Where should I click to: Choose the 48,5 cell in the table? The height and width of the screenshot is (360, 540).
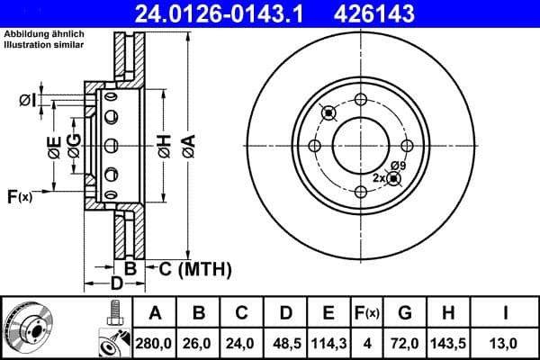coord(286,342)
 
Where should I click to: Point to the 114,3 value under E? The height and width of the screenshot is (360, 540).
coord(329,342)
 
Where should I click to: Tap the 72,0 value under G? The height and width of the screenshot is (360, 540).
coord(406,342)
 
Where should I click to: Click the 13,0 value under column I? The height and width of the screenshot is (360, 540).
coord(507,342)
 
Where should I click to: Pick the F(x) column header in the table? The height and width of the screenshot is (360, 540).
coord(367,313)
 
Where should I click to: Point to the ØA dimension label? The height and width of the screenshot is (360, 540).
coord(187,144)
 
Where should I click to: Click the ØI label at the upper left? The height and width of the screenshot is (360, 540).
coord(28,100)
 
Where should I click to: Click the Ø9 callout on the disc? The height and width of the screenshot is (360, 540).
coord(399,166)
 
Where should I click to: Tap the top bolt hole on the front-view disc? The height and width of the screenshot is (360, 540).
coord(360,99)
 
